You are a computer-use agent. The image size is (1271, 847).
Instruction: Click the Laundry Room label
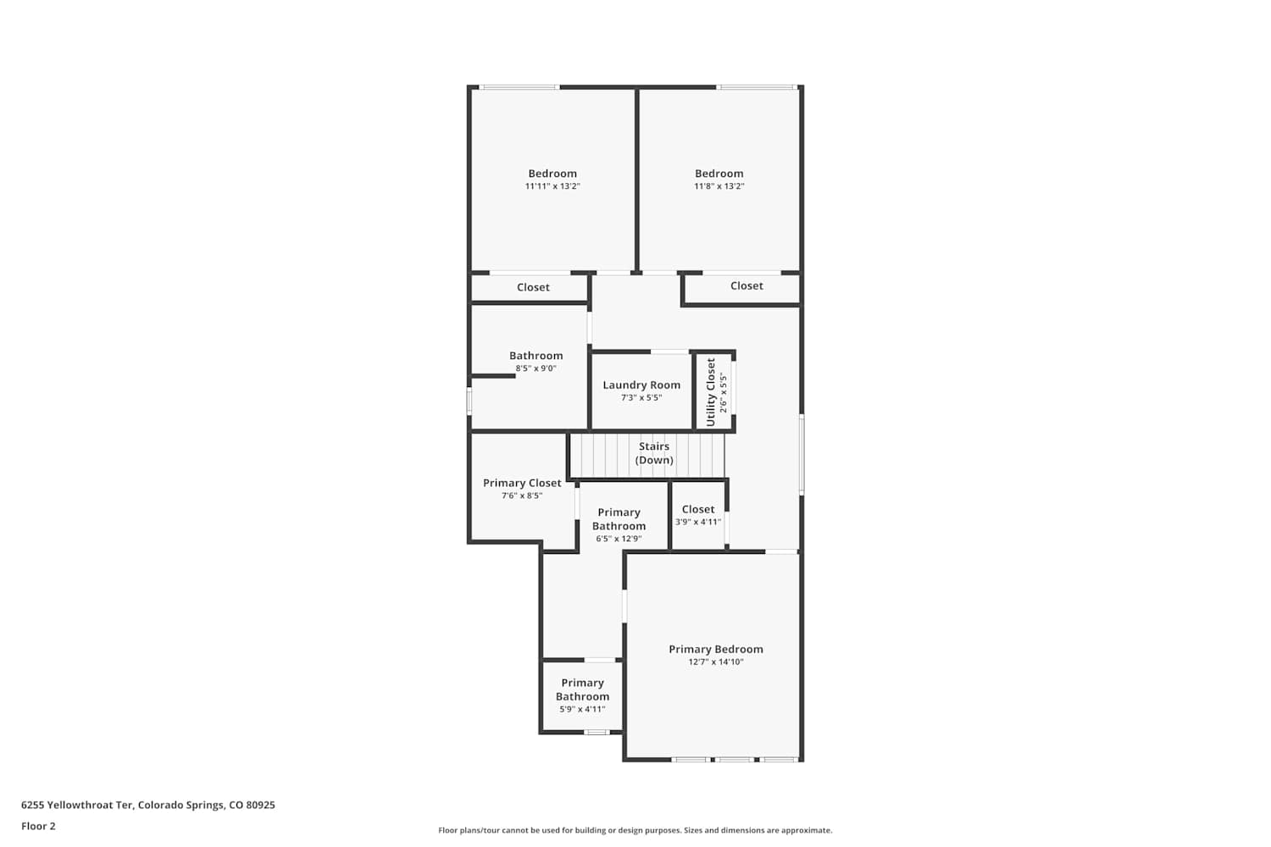641,385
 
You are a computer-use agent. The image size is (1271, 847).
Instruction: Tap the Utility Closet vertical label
710,392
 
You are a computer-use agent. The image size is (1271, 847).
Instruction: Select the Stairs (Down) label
653,453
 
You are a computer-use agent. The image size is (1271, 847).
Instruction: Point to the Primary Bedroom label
715,649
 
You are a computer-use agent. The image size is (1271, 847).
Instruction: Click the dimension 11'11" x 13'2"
552,186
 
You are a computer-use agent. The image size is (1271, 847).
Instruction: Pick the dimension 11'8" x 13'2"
719,186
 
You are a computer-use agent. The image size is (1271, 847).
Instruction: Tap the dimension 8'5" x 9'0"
536,368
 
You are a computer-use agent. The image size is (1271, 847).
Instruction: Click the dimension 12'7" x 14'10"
715,662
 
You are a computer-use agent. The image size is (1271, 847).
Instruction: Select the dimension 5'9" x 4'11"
582,709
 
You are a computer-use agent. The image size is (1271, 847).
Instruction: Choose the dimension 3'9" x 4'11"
698,522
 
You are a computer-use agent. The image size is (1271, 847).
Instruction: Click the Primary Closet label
522,483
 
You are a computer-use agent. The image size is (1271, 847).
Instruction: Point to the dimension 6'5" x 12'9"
619,539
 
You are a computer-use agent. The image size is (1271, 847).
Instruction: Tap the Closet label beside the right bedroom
747,286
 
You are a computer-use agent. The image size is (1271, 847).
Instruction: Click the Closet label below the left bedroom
533,288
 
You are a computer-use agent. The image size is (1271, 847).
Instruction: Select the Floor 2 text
39,826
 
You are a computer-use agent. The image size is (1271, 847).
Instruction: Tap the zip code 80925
260,805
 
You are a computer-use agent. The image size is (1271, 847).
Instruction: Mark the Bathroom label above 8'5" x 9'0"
536,356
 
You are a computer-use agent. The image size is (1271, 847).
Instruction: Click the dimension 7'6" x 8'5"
522,495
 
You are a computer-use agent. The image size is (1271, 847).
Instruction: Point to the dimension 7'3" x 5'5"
641,398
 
